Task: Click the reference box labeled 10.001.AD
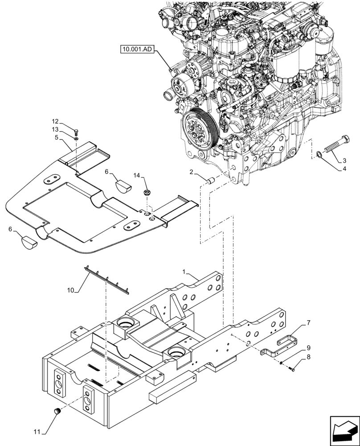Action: click(x=136, y=50)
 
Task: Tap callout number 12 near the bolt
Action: click(x=55, y=121)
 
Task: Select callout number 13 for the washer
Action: click(x=55, y=129)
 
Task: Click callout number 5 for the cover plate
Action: click(x=57, y=137)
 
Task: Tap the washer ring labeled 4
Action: click(x=319, y=155)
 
